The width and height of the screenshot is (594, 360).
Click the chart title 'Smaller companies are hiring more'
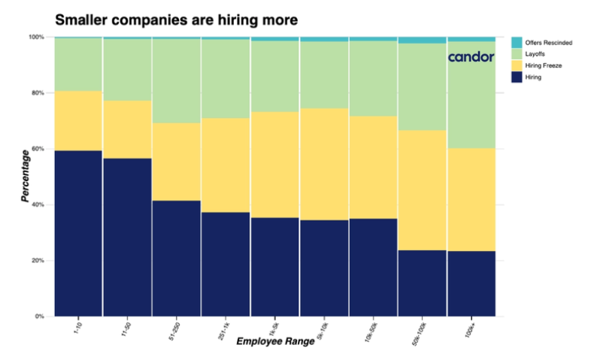point(177,17)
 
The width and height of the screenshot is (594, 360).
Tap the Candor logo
point(471,56)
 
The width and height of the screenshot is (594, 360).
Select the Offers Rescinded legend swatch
point(517,43)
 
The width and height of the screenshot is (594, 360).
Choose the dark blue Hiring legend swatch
point(517,77)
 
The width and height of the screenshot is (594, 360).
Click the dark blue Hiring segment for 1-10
point(78,233)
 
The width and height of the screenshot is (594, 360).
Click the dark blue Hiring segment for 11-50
point(127,237)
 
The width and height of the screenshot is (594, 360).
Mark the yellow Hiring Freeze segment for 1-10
point(78,121)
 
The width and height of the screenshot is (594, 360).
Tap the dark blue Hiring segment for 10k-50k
point(373,267)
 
